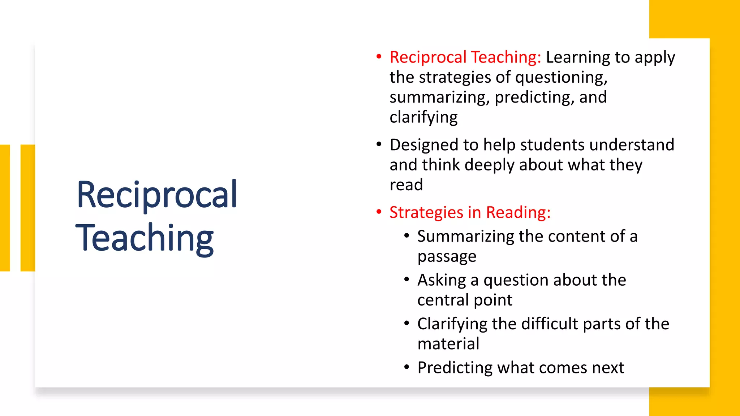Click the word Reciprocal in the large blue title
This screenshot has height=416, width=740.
tap(157, 195)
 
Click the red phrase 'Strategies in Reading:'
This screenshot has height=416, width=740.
tap(470, 212)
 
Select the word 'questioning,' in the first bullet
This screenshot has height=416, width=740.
tap(561, 78)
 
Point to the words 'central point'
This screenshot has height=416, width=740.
tap(465, 300)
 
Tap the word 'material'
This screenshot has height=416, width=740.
tap(448, 344)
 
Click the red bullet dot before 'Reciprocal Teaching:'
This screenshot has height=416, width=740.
tap(379, 57)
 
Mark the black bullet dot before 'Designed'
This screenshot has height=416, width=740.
tap(379, 144)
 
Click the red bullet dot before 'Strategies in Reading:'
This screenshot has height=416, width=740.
tap(379, 212)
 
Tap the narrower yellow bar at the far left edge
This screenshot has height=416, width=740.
tap(5, 208)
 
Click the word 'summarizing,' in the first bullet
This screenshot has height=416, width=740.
tap(439, 97)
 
